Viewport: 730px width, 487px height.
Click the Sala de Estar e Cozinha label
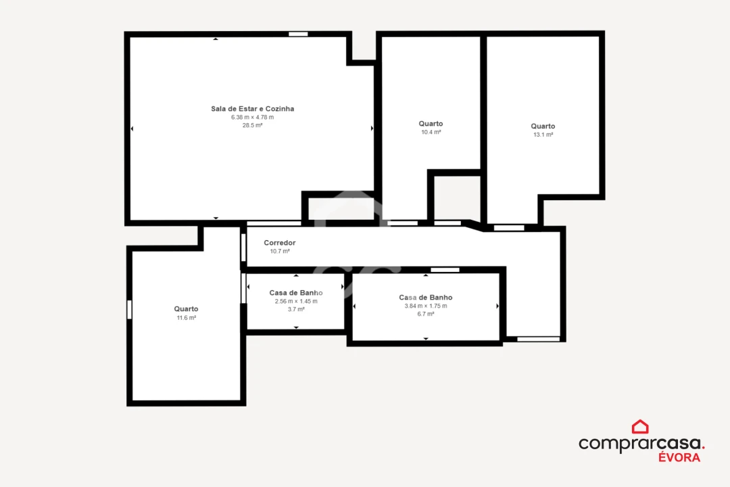pyautogui.click(x=252, y=109)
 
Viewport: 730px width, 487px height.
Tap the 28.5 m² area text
pyautogui.click(x=252, y=125)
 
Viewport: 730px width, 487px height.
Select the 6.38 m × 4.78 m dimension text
pyautogui.click(x=252, y=117)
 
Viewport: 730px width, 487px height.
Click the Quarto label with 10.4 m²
pyautogui.click(x=431, y=124)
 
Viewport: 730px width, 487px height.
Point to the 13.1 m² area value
pyautogui.click(x=543, y=135)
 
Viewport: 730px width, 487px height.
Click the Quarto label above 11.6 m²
pyautogui.click(x=186, y=309)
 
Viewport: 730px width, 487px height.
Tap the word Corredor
pyautogui.click(x=279, y=243)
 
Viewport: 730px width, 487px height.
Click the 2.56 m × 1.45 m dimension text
pyautogui.click(x=296, y=301)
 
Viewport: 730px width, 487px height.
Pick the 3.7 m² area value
pyautogui.click(x=296, y=309)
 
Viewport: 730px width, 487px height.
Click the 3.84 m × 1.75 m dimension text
pyautogui.click(x=425, y=306)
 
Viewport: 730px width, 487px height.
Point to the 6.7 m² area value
pyautogui.click(x=425, y=314)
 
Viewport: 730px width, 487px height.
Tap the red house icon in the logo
pyautogui.click(x=640, y=427)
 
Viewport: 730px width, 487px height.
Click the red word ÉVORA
pyautogui.click(x=679, y=457)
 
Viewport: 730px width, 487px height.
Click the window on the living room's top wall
pyautogui.click(x=298, y=34)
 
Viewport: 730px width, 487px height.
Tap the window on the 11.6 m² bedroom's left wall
pyautogui.click(x=129, y=309)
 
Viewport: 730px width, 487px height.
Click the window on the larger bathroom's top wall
pyautogui.click(x=445, y=270)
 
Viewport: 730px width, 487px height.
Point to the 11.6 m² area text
pyautogui.click(x=186, y=318)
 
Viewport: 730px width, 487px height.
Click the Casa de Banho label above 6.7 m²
pyautogui.click(x=425, y=298)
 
